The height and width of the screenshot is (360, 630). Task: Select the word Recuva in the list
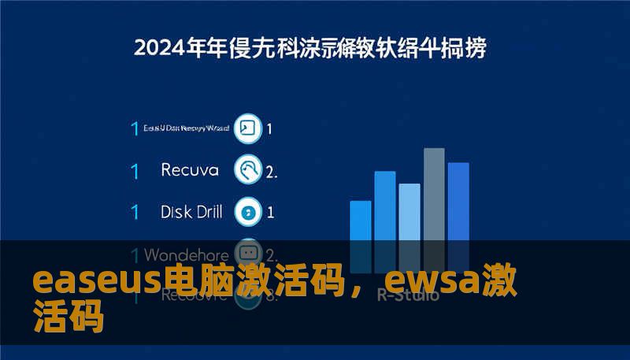coord(190,169)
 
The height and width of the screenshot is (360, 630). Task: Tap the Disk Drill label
coord(191,211)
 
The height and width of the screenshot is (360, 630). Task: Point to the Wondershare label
coord(187,255)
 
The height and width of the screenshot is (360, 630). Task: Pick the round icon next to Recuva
coord(249,169)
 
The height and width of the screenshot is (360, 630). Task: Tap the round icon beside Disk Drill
coord(249,211)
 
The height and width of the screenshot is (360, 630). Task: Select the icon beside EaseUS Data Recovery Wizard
coord(249,128)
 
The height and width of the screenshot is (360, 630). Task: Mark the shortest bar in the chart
coord(360,225)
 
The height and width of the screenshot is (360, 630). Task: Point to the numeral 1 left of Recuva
coord(135,170)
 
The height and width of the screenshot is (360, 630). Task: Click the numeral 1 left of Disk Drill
coord(135,212)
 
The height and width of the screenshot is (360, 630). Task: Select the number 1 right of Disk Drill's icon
coord(270,212)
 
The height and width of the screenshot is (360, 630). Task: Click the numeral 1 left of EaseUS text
coord(135,128)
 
